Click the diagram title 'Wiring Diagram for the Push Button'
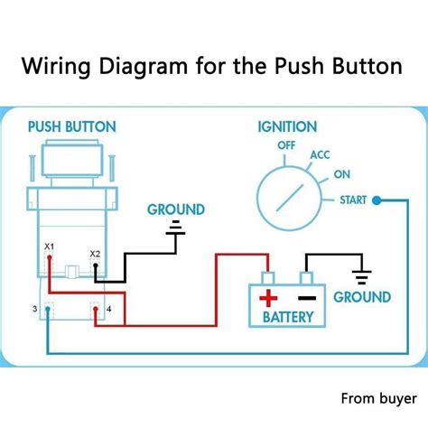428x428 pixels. [x=214, y=67]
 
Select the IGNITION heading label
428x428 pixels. [x=286, y=127]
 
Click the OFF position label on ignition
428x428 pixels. [x=286, y=144]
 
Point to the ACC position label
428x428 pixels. [x=320, y=155]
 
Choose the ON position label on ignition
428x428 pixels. [x=343, y=175]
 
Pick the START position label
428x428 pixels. [x=353, y=200]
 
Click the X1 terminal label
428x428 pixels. [x=50, y=246]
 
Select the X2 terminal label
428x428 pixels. [x=95, y=253]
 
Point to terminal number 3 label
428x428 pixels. [x=35, y=310]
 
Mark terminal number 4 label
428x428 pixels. [x=108, y=310]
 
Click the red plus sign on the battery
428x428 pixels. [x=268, y=298]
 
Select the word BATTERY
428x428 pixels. [x=288, y=317]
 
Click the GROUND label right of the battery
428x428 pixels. [x=362, y=297]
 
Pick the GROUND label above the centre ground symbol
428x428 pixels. [x=176, y=209]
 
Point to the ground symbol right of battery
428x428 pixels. [x=362, y=274]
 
